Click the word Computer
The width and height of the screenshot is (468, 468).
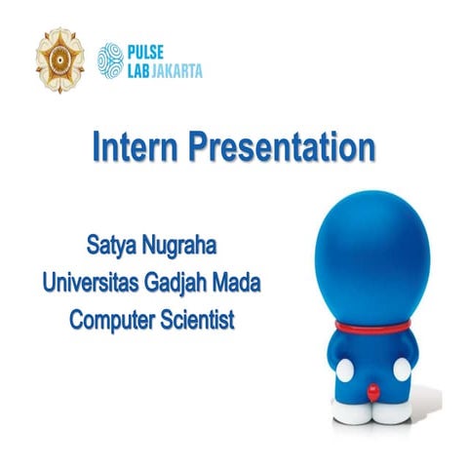114,319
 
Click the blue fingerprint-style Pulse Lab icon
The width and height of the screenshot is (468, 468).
110,59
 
